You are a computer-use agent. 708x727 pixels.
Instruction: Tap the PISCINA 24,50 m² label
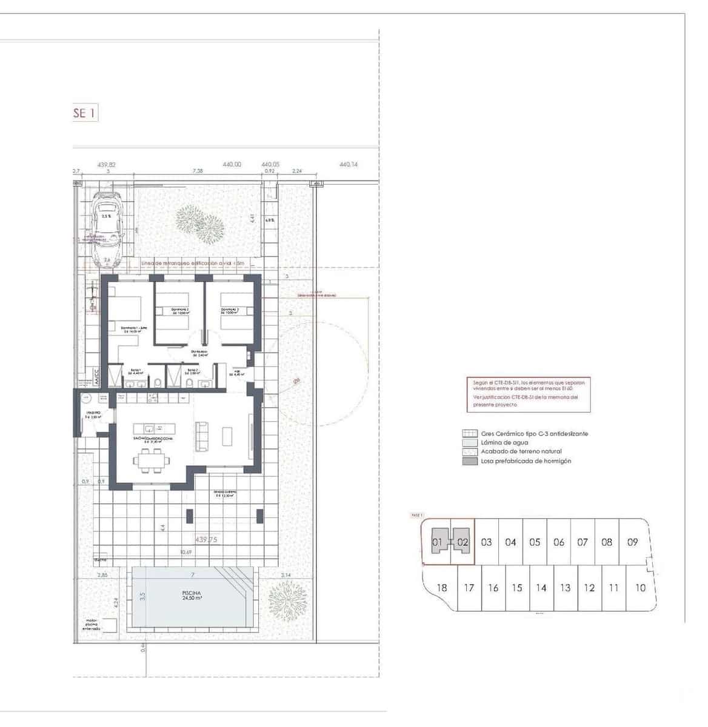point(191,595)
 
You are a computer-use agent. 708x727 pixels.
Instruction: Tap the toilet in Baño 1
point(158,382)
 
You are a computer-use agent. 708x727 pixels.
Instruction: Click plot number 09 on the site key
point(632,542)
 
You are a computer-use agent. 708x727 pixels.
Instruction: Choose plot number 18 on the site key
point(442,588)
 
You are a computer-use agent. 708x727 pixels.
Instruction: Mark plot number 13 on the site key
point(565,588)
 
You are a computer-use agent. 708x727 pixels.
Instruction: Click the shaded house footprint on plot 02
point(462,542)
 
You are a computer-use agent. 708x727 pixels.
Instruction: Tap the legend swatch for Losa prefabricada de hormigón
point(469,461)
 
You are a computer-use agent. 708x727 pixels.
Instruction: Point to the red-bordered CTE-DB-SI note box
point(528,394)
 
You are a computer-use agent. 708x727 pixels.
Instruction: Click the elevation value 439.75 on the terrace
point(206,539)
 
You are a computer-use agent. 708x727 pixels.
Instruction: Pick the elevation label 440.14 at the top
point(348,164)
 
